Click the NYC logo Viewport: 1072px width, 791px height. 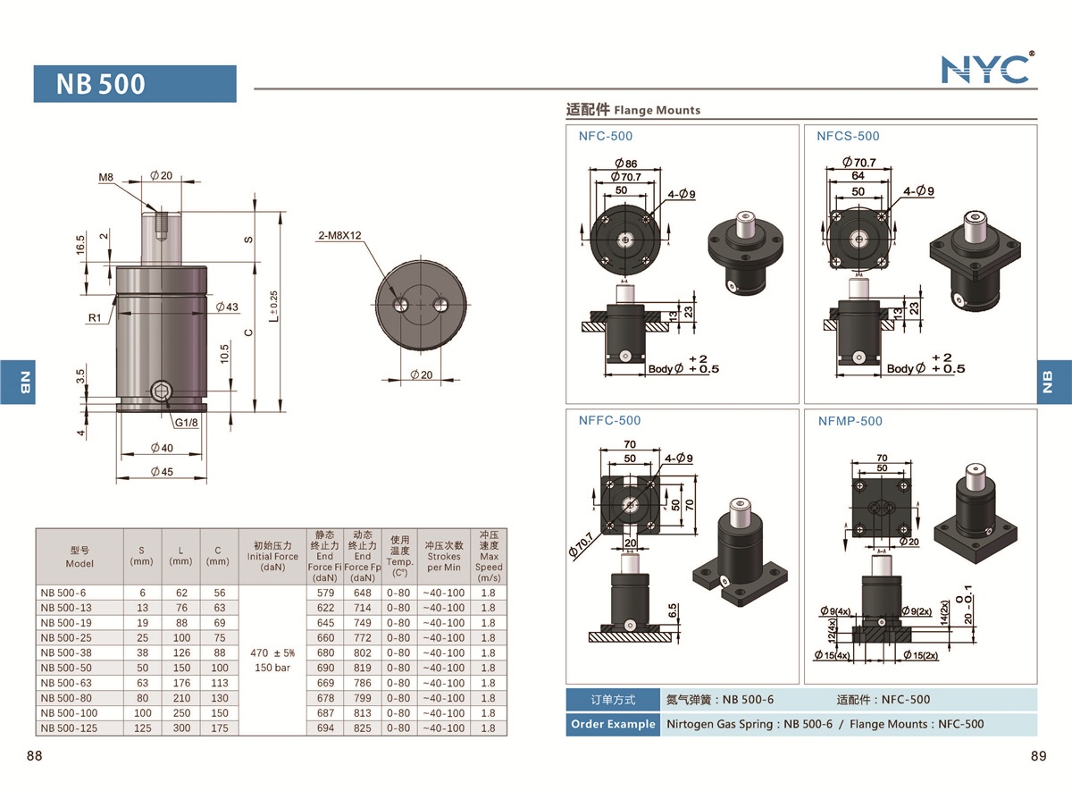987,68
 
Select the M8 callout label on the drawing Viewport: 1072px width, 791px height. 105,177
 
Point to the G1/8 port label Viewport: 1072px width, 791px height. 186,422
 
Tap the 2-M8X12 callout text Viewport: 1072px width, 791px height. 340,236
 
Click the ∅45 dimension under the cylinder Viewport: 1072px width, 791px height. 162,472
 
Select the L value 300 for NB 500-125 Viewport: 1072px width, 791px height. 181,728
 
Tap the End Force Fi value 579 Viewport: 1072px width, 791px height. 324,593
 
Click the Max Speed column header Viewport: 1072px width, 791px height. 489,555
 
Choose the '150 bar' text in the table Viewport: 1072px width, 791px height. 272,668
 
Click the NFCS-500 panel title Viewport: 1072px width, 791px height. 848,136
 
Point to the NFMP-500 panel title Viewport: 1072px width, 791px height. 850,421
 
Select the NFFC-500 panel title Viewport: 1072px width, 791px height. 609,420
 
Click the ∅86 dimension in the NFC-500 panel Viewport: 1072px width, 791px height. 625,164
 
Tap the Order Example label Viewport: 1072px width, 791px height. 613,724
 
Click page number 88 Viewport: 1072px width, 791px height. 35,756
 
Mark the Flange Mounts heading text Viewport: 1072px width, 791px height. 657,110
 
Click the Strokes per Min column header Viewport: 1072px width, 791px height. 444,556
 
